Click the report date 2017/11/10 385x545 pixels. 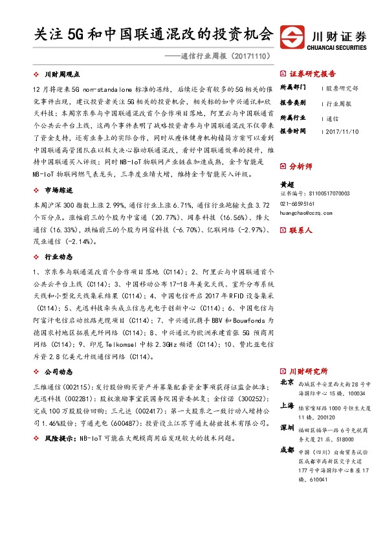click(x=343, y=131)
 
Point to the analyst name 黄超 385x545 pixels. click(x=285, y=183)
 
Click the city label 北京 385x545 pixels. click(x=287, y=383)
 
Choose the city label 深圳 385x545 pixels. click(x=287, y=428)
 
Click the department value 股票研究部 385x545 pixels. click(x=343, y=87)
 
